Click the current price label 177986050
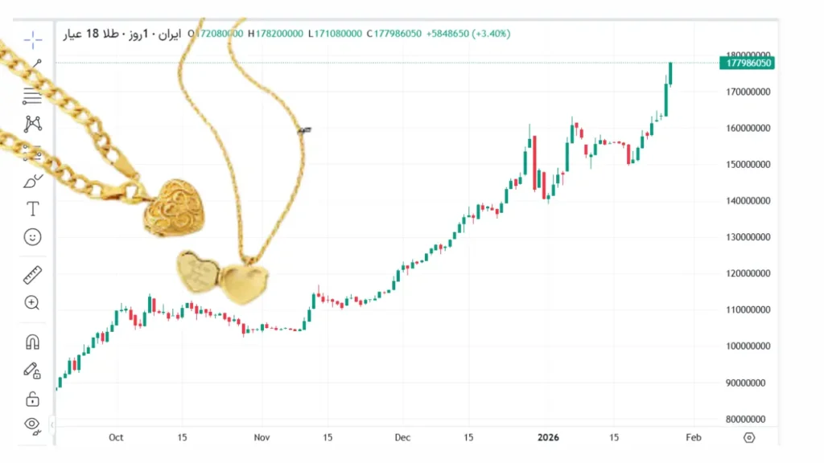click(x=748, y=63)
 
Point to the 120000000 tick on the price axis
click(x=748, y=273)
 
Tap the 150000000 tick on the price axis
click(x=748, y=165)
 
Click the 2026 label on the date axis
click(x=548, y=437)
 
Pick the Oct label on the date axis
click(x=116, y=437)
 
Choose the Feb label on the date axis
click(x=693, y=437)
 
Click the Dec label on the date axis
click(x=402, y=437)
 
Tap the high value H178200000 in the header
click(x=275, y=34)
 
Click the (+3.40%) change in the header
click(x=492, y=34)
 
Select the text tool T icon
click(x=33, y=209)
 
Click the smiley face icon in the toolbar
click(x=33, y=237)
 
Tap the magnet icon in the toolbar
click(x=33, y=342)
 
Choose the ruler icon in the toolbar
click(x=33, y=275)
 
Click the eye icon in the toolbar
click(x=32, y=424)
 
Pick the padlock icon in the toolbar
click(x=33, y=398)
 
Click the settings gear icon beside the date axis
click(x=749, y=437)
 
